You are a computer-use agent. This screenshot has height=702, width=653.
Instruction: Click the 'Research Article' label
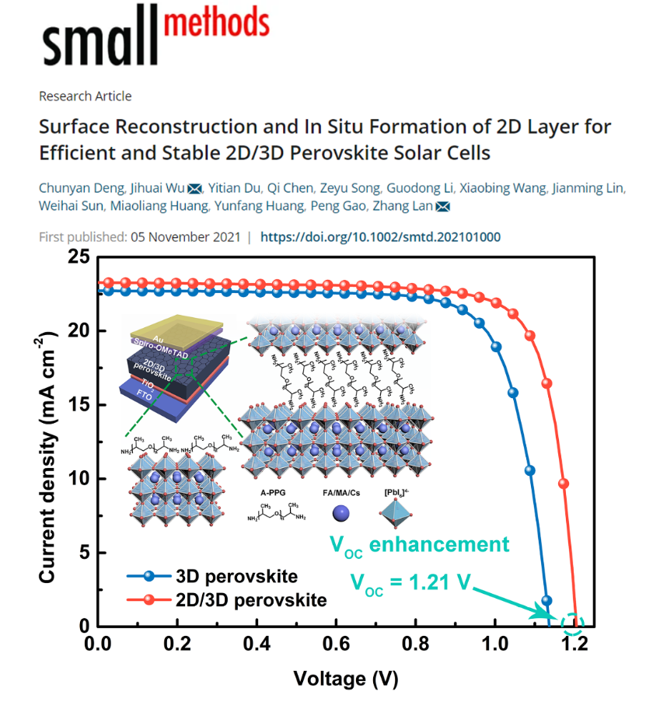(x=85, y=96)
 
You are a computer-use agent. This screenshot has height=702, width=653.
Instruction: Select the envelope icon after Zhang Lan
(x=443, y=207)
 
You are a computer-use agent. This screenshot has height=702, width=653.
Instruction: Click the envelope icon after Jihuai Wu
(x=194, y=188)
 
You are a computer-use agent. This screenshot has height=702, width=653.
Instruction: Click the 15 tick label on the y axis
(x=79, y=405)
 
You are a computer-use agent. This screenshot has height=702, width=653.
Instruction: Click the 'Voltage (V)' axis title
(x=345, y=679)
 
